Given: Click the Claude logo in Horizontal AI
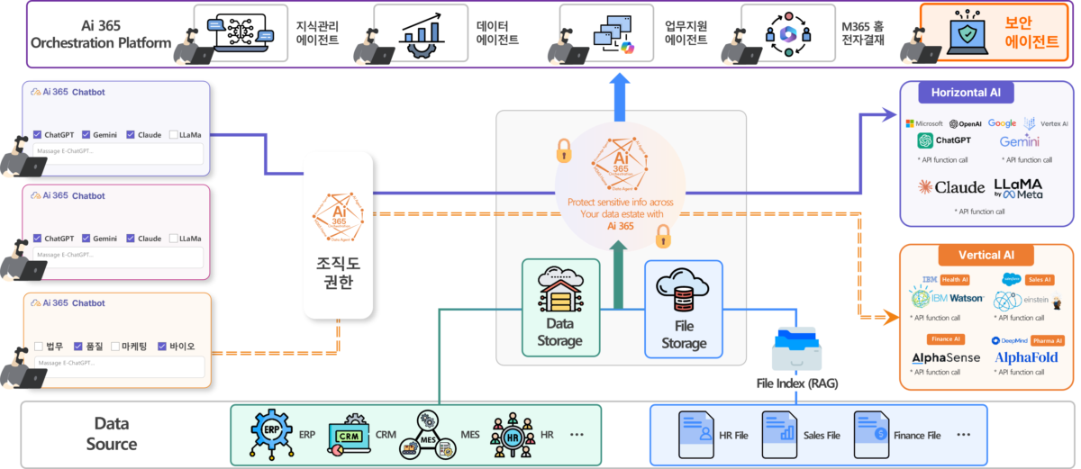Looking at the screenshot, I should pos(951,187).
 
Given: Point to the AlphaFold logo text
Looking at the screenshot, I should pos(1025,358).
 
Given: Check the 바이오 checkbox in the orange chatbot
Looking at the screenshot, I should pos(162,346).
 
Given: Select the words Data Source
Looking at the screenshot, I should pos(112,433).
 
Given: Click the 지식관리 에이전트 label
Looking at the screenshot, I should pos(316,32).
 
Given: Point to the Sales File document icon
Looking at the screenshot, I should pos(780,433).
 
